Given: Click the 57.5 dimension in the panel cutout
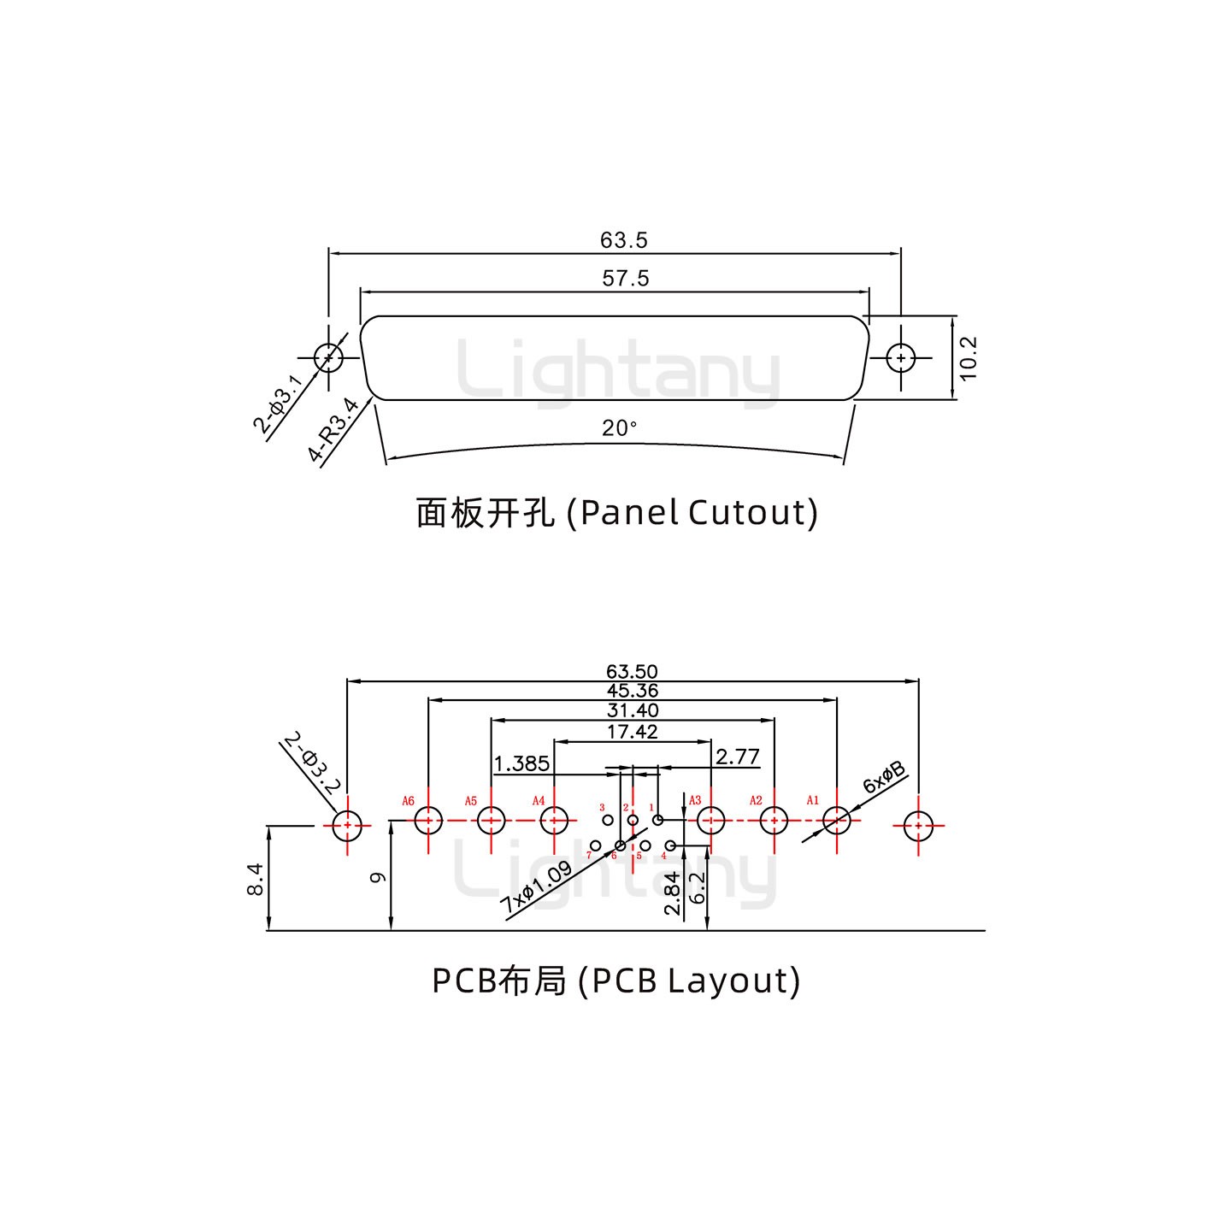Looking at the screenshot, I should point(625,278).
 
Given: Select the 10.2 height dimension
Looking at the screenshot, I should point(968,357).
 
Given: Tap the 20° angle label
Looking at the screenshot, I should point(619,427).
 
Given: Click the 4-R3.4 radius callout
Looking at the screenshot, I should point(333,431).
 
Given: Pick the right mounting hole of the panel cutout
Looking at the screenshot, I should point(900,357).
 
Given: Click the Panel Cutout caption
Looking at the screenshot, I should point(616,513).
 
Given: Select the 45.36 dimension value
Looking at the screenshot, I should point(632,691).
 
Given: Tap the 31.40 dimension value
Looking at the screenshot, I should point(632,710).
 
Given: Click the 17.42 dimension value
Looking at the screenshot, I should point(632,732).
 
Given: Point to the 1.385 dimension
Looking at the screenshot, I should point(521,763).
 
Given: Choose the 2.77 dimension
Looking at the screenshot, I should point(737,757).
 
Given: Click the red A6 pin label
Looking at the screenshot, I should point(408,801).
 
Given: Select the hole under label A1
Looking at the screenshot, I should point(836,821).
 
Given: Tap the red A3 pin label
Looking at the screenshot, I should point(695,800).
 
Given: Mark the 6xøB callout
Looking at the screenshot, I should point(883,778).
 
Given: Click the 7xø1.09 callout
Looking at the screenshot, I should point(536,887).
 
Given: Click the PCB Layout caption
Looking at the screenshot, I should point(615,981).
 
